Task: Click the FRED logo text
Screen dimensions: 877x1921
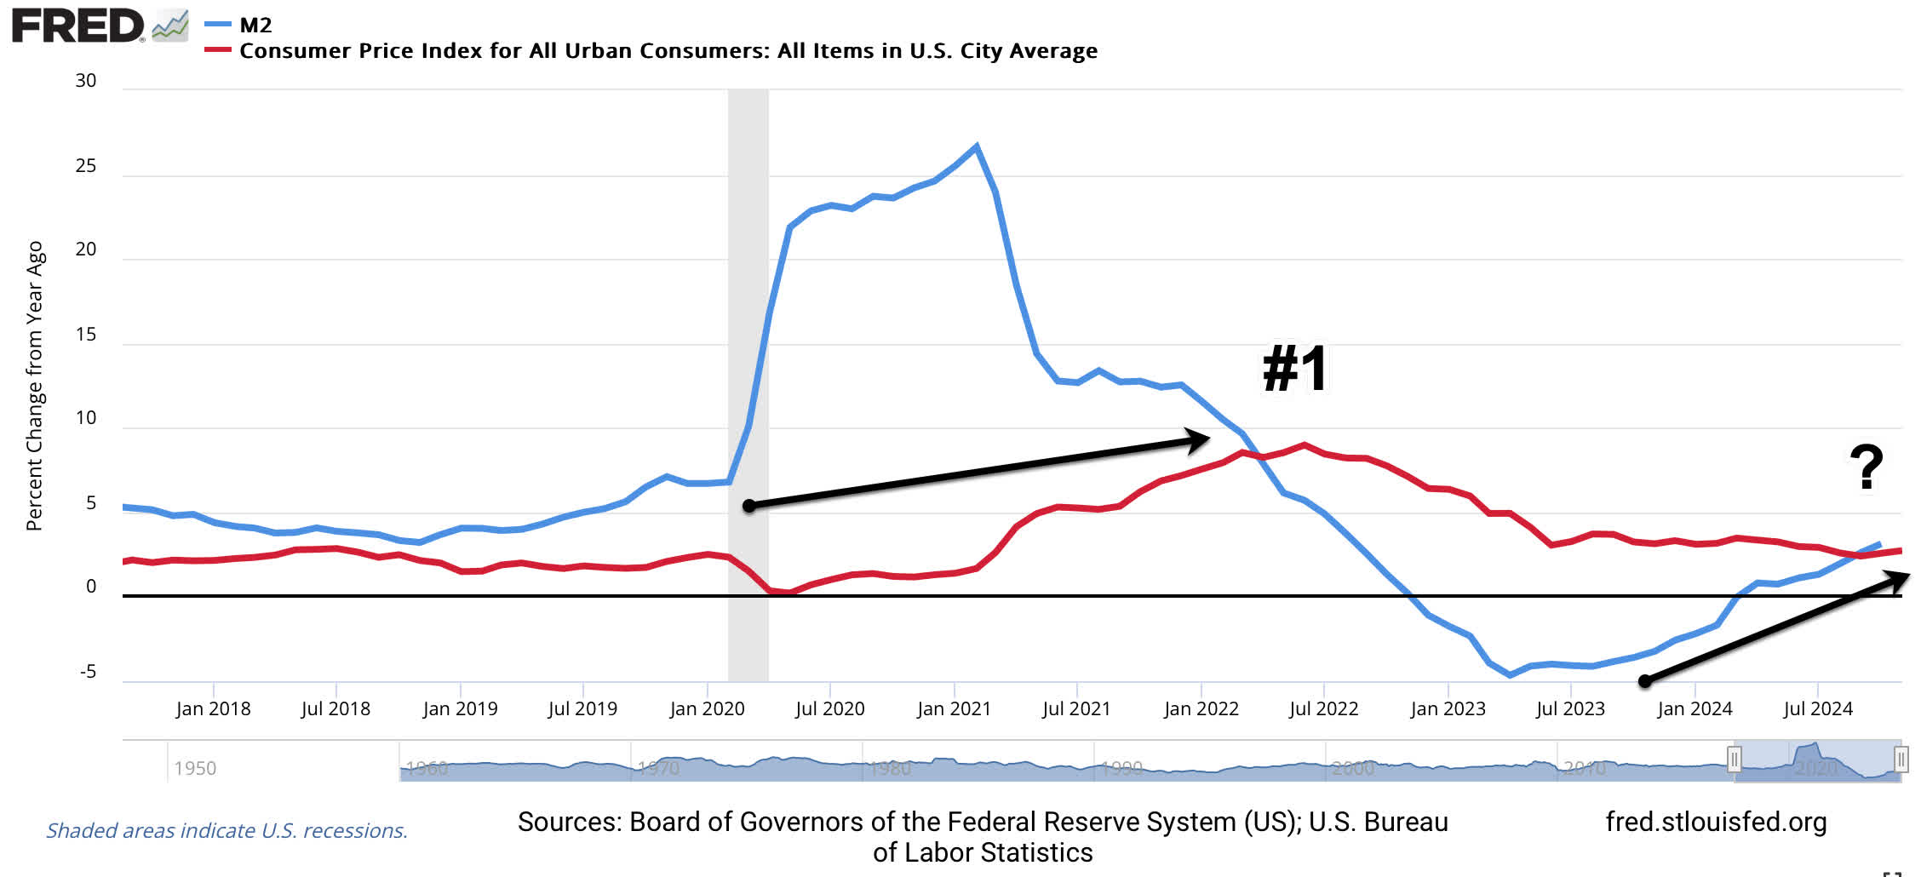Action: [x=78, y=26]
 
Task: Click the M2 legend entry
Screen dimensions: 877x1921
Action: [x=255, y=26]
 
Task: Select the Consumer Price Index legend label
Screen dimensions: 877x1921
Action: [x=668, y=51]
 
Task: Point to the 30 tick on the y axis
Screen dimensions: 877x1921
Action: [x=86, y=81]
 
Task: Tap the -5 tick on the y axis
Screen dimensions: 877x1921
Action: [x=88, y=672]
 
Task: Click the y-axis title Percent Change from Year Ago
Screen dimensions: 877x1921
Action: [x=35, y=385]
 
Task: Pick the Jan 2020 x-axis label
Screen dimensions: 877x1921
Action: [x=707, y=708]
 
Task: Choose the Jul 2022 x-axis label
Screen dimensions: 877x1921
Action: [x=1323, y=708]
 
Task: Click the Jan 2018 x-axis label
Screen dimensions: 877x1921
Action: [x=213, y=708]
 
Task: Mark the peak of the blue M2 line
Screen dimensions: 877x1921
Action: [x=976, y=146]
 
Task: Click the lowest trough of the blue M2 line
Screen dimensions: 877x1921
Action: [x=1510, y=674]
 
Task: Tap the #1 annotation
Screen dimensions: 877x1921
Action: [x=1295, y=369]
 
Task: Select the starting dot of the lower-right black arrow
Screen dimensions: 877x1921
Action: [x=1645, y=681]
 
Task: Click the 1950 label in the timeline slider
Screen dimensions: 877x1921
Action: [x=195, y=768]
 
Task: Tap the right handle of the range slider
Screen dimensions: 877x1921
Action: [x=1901, y=759]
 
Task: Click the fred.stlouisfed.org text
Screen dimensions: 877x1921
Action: [x=1716, y=822]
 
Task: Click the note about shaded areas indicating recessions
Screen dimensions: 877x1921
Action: [x=227, y=830]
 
